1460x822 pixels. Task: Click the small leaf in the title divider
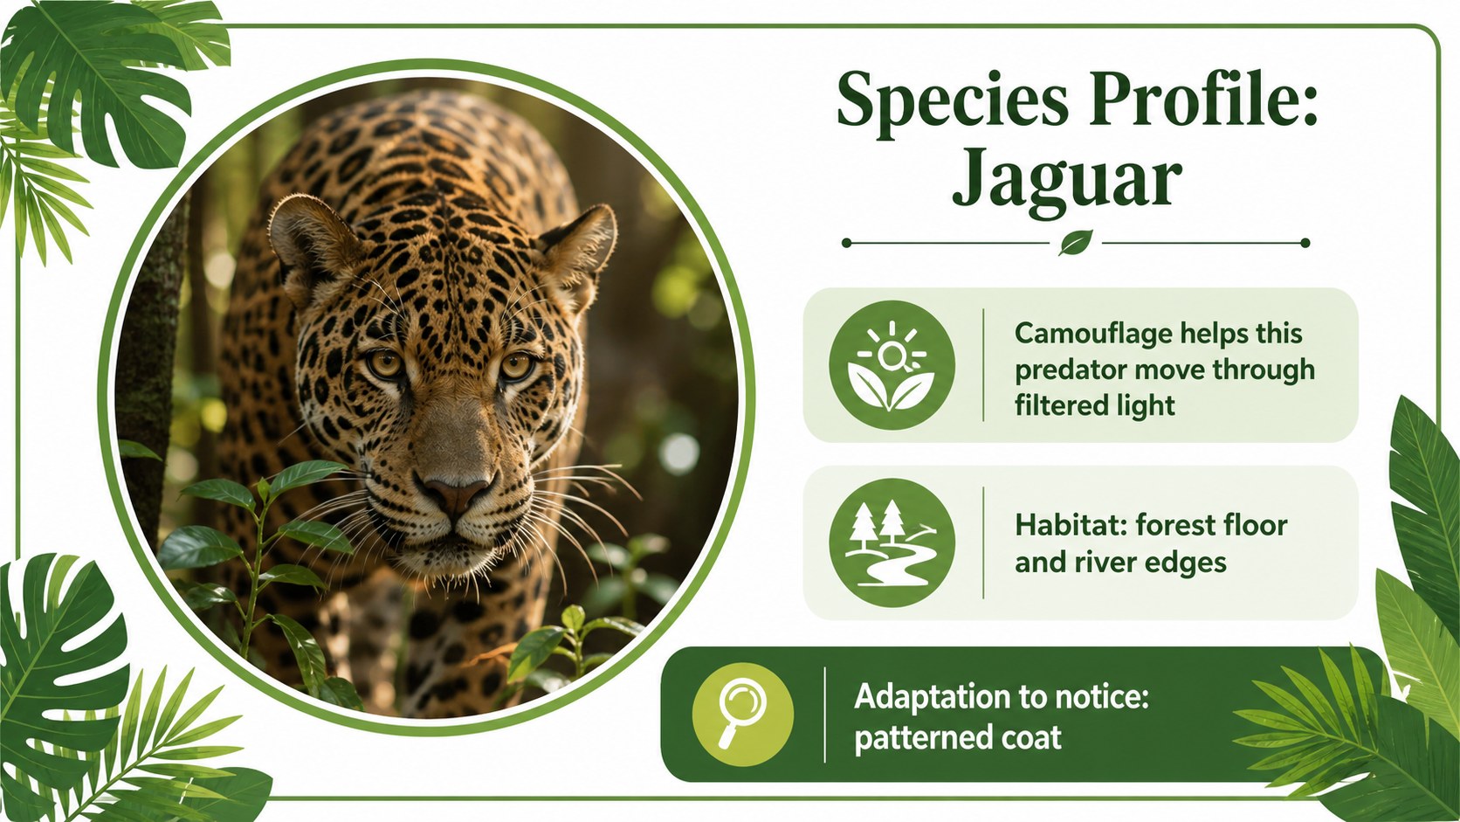coord(1076,243)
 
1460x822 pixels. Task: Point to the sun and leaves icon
coord(892,364)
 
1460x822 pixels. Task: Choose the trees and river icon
coord(892,543)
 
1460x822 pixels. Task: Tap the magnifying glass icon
coord(743,714)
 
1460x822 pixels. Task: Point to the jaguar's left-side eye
coord(385,363)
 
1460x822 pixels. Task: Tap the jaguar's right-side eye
coord(515,366)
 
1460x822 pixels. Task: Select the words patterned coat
coord(958,738)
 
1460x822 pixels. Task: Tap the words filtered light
coord(1095,405)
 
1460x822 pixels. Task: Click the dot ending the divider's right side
coord(1305,243)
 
